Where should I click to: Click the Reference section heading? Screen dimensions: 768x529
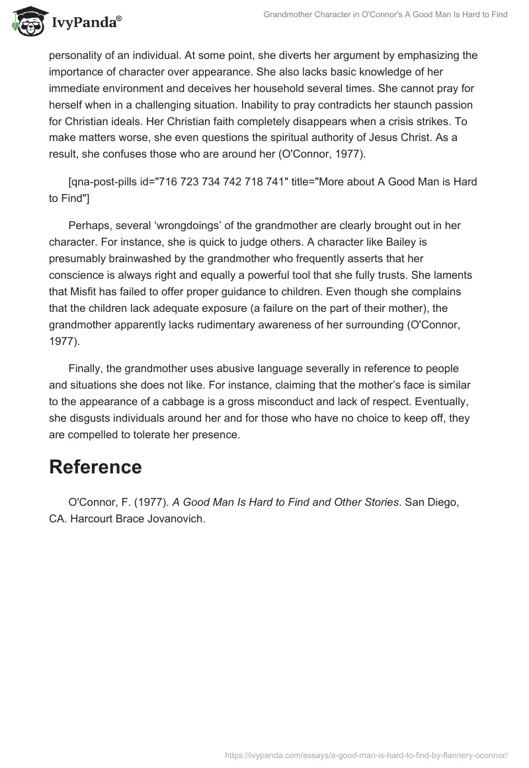coord(95,467)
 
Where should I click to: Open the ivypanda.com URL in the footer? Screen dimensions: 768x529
coord(366,754)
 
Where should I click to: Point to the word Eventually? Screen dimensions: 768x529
coord(437,401)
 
